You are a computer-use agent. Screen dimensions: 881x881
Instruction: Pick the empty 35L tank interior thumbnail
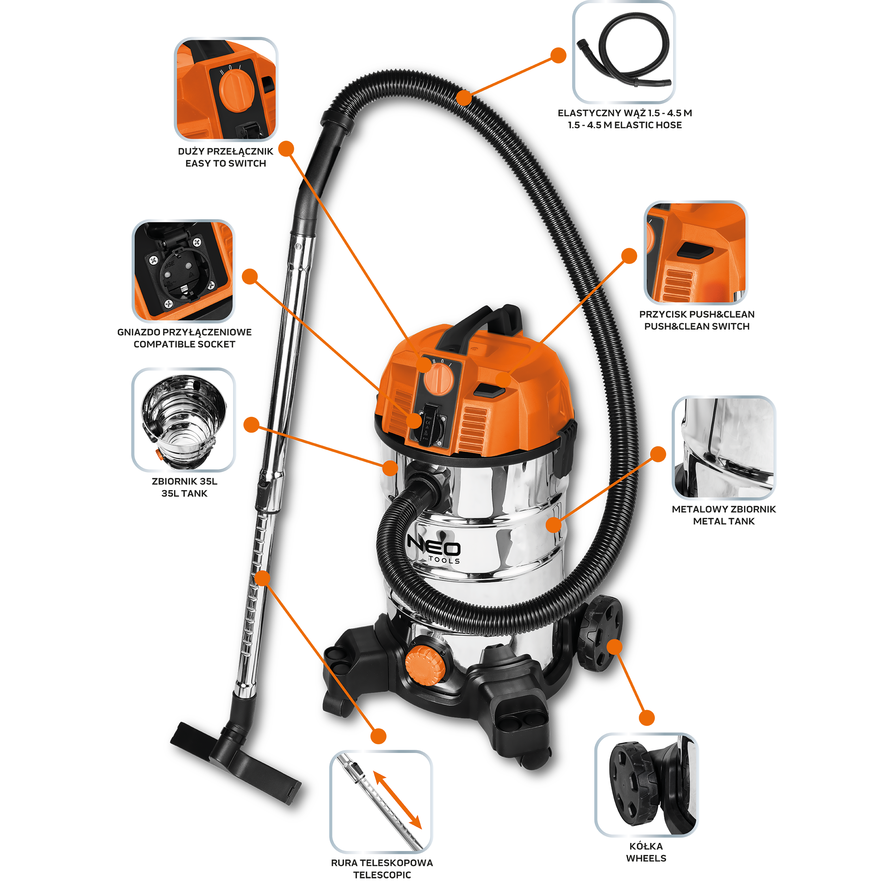click(183, 419)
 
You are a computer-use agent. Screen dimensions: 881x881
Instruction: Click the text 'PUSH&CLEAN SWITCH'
click(697, 327)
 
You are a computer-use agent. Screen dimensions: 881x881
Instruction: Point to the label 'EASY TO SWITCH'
click(226, 163)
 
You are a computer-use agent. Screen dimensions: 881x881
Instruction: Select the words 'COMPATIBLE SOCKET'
click(184, 344)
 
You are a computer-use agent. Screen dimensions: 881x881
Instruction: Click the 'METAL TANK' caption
click(724, 521)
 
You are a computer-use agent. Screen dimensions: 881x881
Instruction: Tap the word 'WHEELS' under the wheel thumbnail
click(646, 858)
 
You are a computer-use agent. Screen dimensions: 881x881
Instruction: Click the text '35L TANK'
click(184, 493)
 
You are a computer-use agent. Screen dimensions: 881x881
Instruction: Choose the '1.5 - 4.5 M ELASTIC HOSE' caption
click(625, 125)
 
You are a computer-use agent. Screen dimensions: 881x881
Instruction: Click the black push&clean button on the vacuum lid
click(489, 390)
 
